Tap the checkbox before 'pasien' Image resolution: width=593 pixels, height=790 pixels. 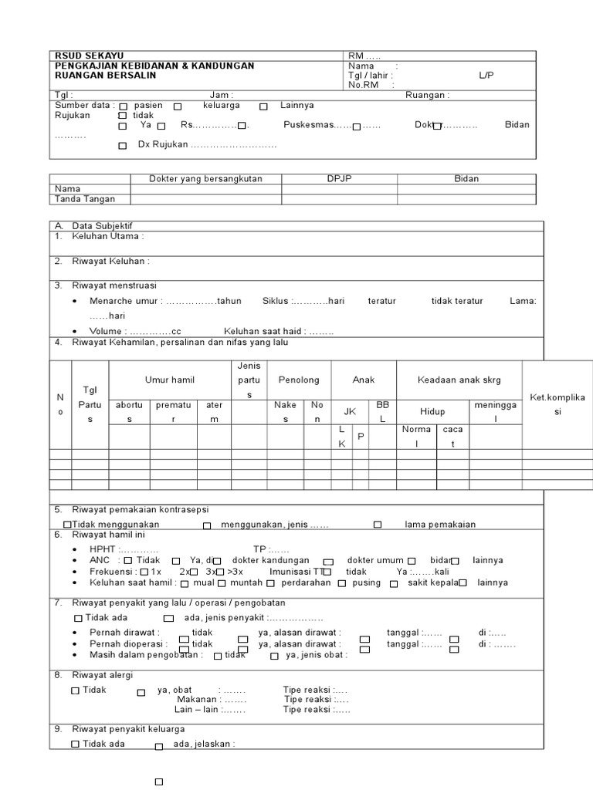tap(124, 106)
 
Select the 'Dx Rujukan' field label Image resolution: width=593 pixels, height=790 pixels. tap(164, 144)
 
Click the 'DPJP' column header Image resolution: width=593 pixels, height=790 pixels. tap(339, 178)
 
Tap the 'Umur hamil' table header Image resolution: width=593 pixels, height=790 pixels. tap(170, 380)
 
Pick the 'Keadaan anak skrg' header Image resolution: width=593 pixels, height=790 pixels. tap(459, 380)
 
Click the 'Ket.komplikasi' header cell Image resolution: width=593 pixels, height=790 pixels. tap(558, 404)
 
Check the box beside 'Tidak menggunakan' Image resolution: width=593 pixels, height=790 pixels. tap(68, 525)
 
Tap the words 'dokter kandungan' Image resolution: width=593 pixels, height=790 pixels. tap(270, 560)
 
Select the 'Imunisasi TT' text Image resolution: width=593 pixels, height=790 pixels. tap(296, 572)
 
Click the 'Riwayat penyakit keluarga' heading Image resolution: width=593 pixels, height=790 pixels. tap(128, 729)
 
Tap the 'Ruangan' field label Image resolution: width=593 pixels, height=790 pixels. tap(427, 95)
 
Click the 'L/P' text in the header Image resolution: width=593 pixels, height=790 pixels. tap(486, 76)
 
